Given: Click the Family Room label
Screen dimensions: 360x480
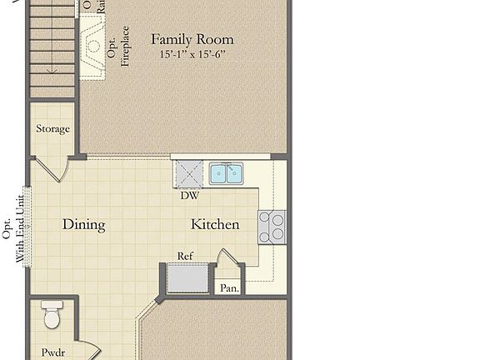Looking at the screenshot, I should click(192, 39).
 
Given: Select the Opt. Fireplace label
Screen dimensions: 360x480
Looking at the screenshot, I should click(119, 47).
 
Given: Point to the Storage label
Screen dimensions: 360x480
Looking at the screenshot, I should click(52, 129).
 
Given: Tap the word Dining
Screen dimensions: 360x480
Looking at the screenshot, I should click(83, 224).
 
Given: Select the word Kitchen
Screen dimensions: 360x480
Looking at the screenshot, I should click(215, 224).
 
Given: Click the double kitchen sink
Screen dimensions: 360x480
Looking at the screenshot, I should click(226, 173).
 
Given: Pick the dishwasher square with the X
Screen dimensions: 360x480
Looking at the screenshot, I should click(188, 175).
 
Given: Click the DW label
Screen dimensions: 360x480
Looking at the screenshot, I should click(188, 197).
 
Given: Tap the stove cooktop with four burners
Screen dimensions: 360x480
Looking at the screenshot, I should click(272, 226).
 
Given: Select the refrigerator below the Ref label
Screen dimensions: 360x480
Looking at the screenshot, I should click(186, 278).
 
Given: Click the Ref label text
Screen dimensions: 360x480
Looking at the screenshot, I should click(186, 256).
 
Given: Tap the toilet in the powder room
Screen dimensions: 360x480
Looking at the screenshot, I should click(52, 316).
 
